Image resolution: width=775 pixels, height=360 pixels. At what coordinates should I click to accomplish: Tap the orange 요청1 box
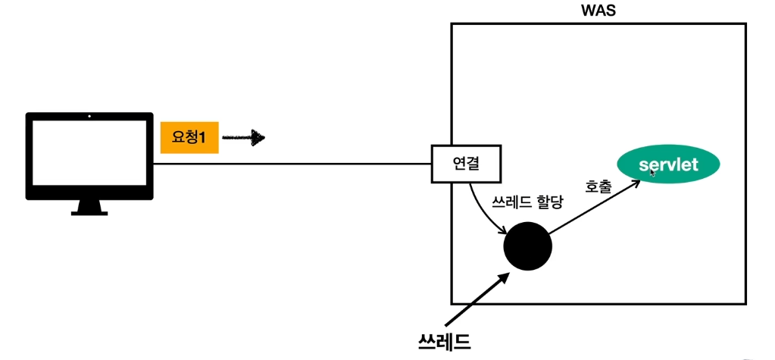tap(189, 136)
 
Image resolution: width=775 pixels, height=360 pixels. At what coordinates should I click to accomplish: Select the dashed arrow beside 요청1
tap(244, 138)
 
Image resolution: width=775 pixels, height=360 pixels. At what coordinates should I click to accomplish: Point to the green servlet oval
tap(667, 164)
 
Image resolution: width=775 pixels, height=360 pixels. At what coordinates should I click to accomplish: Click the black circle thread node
tap(528, 246)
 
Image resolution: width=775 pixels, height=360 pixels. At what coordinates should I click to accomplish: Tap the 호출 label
tap(598, 186)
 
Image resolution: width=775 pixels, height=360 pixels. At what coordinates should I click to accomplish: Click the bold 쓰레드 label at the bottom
tap(445, 340)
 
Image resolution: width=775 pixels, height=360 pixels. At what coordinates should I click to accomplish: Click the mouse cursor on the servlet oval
tap(653, 172)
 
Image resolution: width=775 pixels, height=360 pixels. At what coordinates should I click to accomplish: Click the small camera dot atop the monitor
tap(89, 117)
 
